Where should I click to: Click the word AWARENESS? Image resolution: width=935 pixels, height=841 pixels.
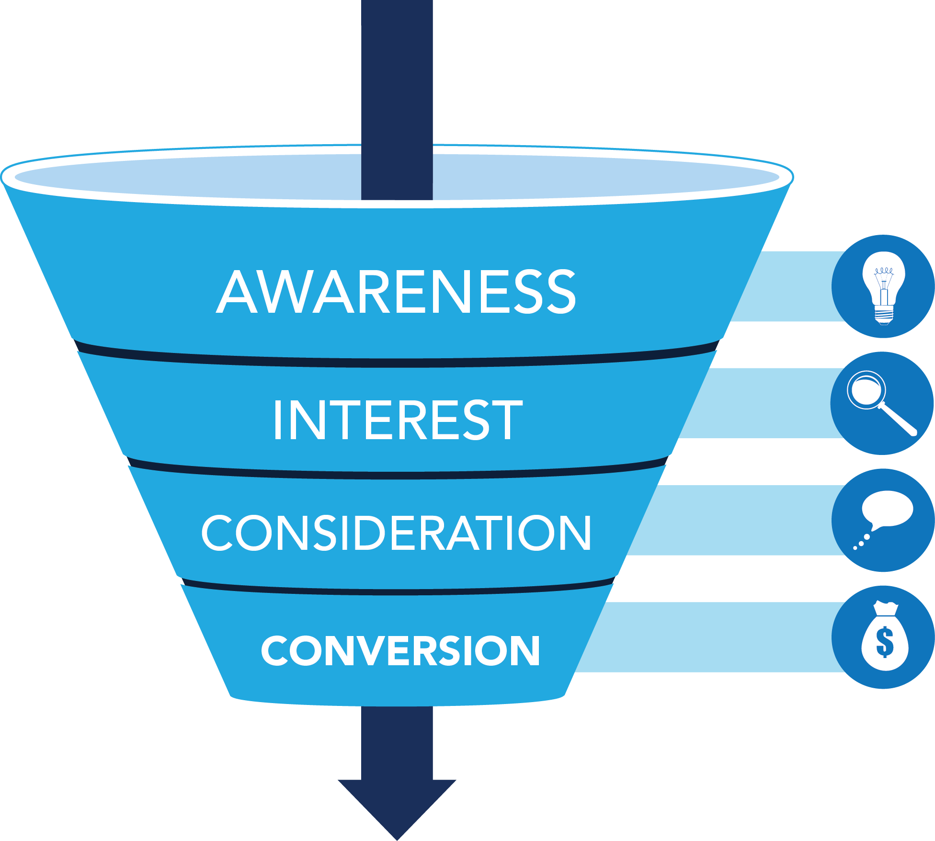click(396, 291)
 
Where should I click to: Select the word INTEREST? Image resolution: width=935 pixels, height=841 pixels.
click(398, 420)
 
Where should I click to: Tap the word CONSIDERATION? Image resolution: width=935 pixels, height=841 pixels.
click(396, 533)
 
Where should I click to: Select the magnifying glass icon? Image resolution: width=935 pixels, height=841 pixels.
click(881, 403)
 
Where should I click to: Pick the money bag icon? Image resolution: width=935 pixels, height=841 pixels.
click(884, 636)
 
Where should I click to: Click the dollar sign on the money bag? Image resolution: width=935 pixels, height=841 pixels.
click(884, 642)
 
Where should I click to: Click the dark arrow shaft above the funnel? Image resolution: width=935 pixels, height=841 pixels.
click(397, 72)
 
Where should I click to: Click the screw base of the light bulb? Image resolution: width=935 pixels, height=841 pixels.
click(884, 315)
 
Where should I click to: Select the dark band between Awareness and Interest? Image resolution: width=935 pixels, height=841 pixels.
click(397, 363)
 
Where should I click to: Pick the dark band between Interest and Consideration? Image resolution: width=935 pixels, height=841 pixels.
click(397, 475)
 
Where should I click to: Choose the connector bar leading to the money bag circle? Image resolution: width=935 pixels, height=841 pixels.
click(709, 637)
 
